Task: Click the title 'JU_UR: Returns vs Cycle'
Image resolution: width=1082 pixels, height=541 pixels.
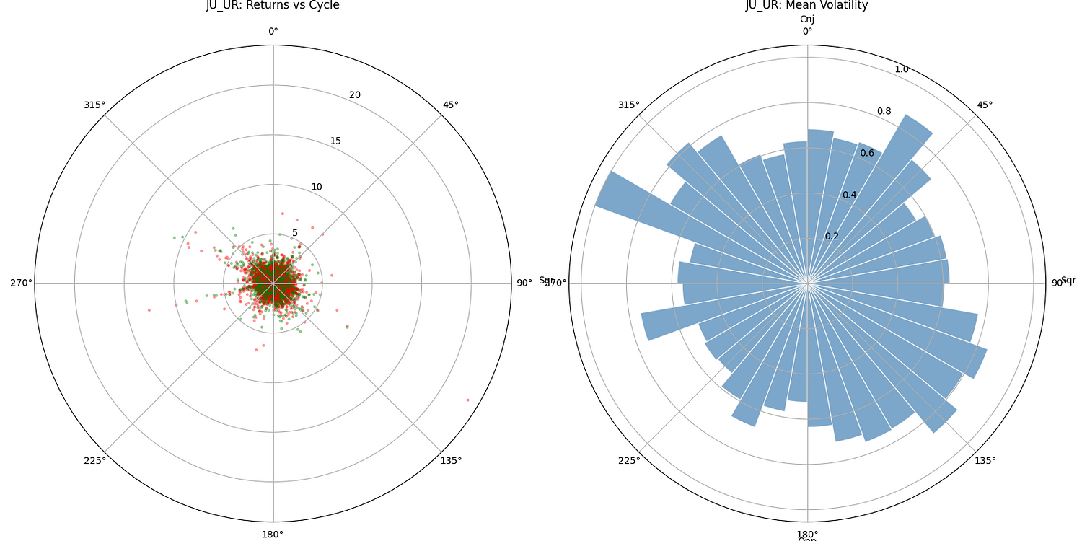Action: click(273, 6)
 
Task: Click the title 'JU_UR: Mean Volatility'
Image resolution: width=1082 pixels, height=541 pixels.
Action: click(806, 6)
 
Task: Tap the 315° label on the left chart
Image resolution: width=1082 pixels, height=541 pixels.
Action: click(94, 105)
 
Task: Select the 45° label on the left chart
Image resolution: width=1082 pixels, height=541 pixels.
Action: click(451, 105)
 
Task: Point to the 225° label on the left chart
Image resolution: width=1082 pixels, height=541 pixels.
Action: click(94, 461)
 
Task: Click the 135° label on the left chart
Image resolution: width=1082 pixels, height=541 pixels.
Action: click(451, 461)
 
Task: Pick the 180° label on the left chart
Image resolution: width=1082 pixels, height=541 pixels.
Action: click(273, 535)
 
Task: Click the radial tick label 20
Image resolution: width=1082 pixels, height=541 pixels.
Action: click(355, 95)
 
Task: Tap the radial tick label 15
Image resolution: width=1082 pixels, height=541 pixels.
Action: click(335, 141)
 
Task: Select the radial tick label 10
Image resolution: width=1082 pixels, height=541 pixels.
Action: click(317, 187)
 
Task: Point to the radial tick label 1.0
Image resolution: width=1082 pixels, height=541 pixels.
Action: click(902, 69)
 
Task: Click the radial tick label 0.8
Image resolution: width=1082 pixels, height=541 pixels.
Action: click(884, 111)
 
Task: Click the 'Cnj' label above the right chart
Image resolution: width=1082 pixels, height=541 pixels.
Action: click(807, 19)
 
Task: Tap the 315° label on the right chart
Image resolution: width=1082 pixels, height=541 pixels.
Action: click(628, 105)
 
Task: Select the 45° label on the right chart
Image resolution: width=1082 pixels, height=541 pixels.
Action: click(985, 105)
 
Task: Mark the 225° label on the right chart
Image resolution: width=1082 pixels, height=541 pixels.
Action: click(628, 461)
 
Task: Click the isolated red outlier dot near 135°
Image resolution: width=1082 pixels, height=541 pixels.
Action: click(467, 400)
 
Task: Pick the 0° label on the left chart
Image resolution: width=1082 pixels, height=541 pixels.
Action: click(273, 31)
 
